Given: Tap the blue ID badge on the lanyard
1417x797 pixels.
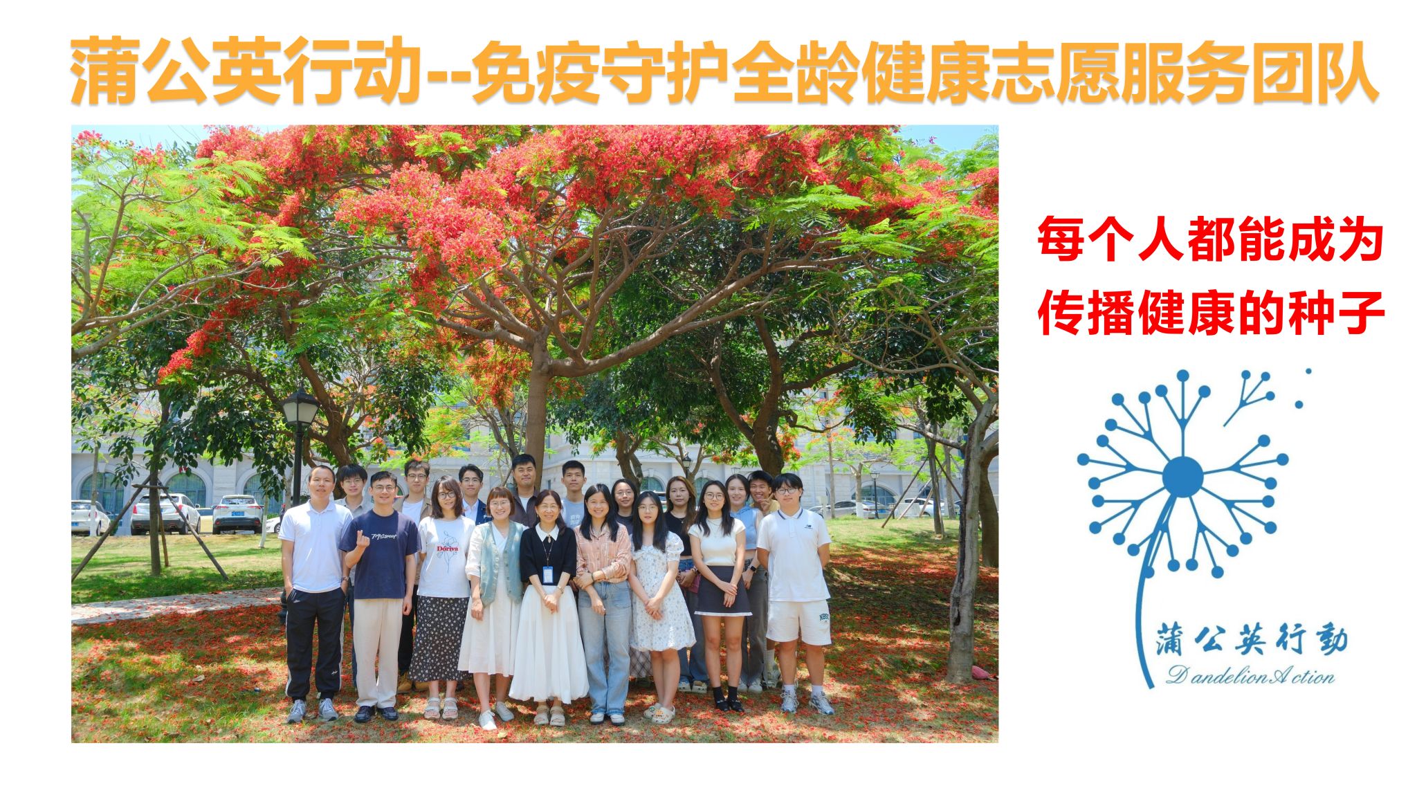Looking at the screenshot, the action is [x=548, y=574].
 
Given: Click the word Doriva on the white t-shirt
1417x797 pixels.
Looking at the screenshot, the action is [x=448, y=548].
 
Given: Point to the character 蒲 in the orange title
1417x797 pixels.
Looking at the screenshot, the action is [x=104, y=71].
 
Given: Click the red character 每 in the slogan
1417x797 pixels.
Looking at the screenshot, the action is [x=1061, y=239].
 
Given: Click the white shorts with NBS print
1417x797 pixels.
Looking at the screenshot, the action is [x=798, y=621].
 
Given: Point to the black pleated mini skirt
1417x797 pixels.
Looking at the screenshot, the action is [x=723, y=590].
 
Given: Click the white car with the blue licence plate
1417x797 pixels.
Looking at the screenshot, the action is [x=237, y=513].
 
